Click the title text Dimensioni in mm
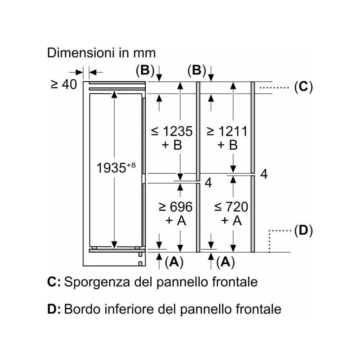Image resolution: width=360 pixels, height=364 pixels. pyautogui.click(x=101, y=53)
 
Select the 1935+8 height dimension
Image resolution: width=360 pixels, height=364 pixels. pyautogui.click(x=116, y=167)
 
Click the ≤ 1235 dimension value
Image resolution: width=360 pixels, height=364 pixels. pyautogui.click(x=172, y=131)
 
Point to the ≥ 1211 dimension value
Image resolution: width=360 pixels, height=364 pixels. pyautogui.click(x=227, y=131)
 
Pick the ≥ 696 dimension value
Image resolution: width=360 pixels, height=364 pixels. pyautogui.click(x=175, y=207)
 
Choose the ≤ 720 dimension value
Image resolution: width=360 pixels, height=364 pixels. pyautogui.click(x=231, y=207)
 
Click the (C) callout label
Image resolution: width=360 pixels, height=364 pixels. pyautogui.click(x=303, y=87)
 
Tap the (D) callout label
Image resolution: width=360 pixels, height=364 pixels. pyautogui.click(x=303, y=231)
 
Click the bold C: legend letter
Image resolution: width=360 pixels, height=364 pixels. pyautogui.click(x=54, y=282)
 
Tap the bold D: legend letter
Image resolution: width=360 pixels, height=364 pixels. pyautogui.click(x=54, y=309)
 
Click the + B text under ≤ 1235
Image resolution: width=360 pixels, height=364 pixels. pyautogui.click(x=172, y=145)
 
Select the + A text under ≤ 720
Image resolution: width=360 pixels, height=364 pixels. pyautogui.click(x=231, y=220)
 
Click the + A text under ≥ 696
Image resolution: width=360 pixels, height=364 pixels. pyautogui.click(x=176, y=220)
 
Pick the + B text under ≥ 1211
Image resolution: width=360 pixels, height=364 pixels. pyautogui.click(x=227, y=145)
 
